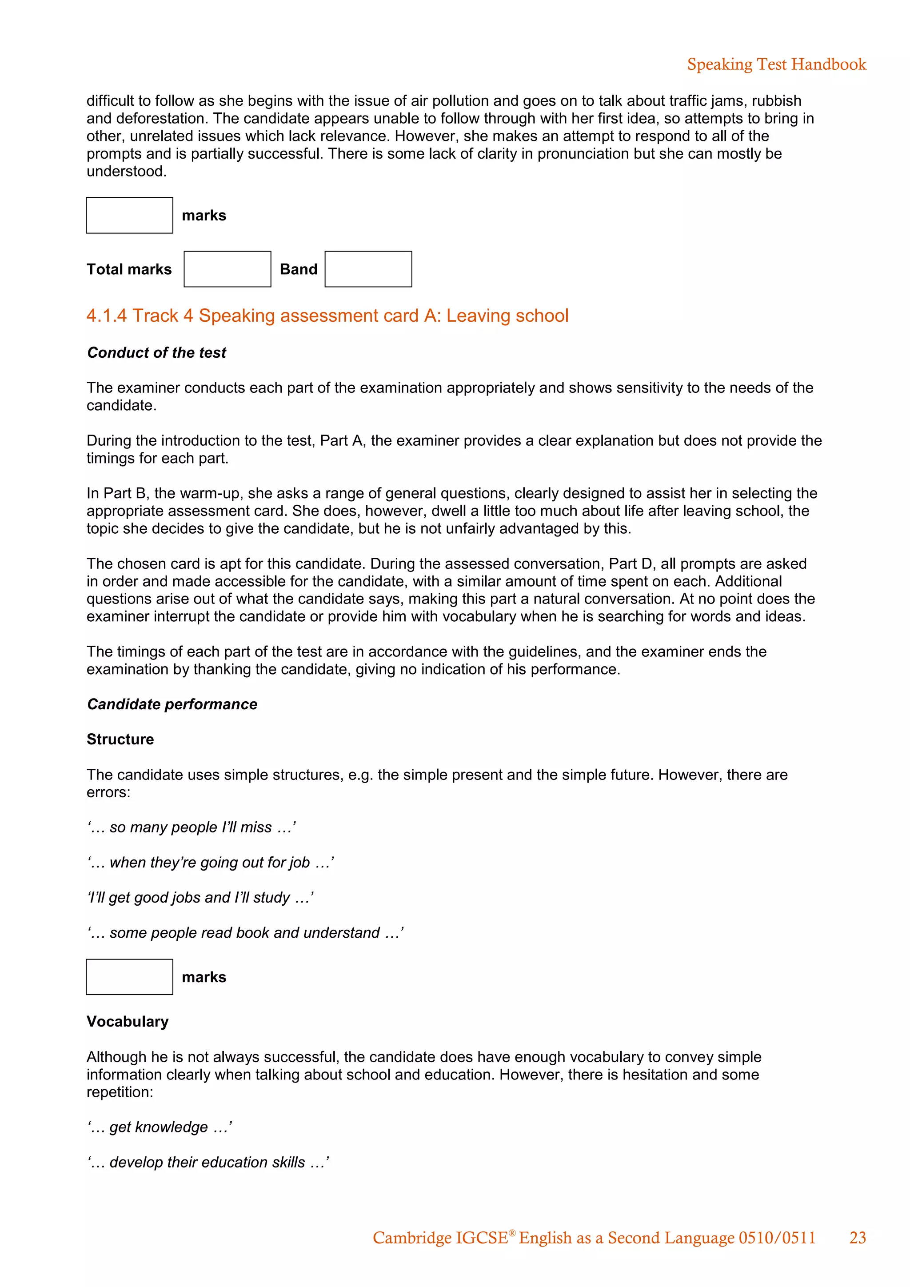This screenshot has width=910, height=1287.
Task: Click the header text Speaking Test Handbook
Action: (x=776, y=64)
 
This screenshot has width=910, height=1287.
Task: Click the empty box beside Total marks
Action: (x=227, y=269)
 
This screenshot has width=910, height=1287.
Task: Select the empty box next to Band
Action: (x=368, y=269)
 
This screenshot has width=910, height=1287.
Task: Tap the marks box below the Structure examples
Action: (x=129, y=976)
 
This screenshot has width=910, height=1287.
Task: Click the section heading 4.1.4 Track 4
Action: (x=327, y=316)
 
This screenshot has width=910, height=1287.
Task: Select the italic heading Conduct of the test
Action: (x=156, y=352)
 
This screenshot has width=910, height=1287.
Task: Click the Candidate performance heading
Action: (x=172, y=704)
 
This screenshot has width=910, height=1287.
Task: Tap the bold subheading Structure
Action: (x=120, y=739)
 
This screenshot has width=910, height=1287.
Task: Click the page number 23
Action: (x=857, y=1238)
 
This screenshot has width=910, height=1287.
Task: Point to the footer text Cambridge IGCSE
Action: (x=440, y=1238)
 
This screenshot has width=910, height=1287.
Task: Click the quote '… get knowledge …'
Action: (x=160, y=1127)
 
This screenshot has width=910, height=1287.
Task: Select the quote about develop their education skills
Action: (x=208, y=1162)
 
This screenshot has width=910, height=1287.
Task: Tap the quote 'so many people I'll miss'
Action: (x=192, y=827)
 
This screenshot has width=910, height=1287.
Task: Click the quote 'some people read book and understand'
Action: (x=245, y=933)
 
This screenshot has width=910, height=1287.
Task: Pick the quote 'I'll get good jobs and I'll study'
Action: (x=200, y=897)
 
